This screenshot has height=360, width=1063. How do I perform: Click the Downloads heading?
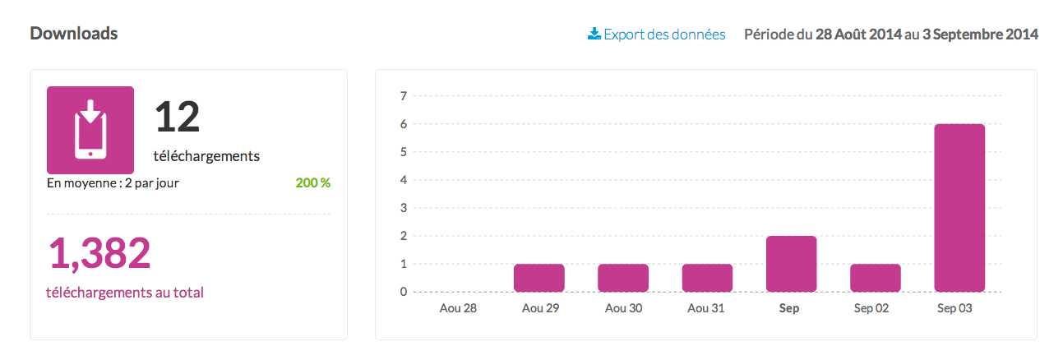coord(74,34)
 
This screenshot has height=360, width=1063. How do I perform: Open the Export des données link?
coord(657,35)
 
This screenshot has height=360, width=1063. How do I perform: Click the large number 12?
coord(178,117)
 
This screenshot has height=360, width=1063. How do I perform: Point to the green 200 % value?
coord(313,182)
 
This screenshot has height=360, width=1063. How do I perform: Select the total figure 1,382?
coord(100,254)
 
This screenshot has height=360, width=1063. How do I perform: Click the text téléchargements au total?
coord(126,292)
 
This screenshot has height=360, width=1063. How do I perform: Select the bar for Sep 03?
coord(959,208)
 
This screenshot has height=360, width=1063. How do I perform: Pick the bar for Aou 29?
coord(539,278)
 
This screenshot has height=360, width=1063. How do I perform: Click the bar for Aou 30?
coord(623,278)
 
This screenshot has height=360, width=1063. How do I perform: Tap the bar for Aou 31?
coord(707,278)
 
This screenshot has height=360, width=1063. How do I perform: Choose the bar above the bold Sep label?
coord(791,264)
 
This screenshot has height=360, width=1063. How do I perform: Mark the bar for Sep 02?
coord(876,278)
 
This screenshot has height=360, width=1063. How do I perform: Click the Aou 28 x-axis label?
coord(458,309)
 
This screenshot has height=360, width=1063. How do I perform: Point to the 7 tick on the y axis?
coord(403,96)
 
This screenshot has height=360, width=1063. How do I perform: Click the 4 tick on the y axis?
coord(403,180)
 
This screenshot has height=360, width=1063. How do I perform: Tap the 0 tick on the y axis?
coord(403,292)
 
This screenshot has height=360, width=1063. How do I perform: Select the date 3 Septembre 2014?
coord(978,35)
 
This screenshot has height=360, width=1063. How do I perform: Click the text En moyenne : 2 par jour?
coord(113,182)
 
